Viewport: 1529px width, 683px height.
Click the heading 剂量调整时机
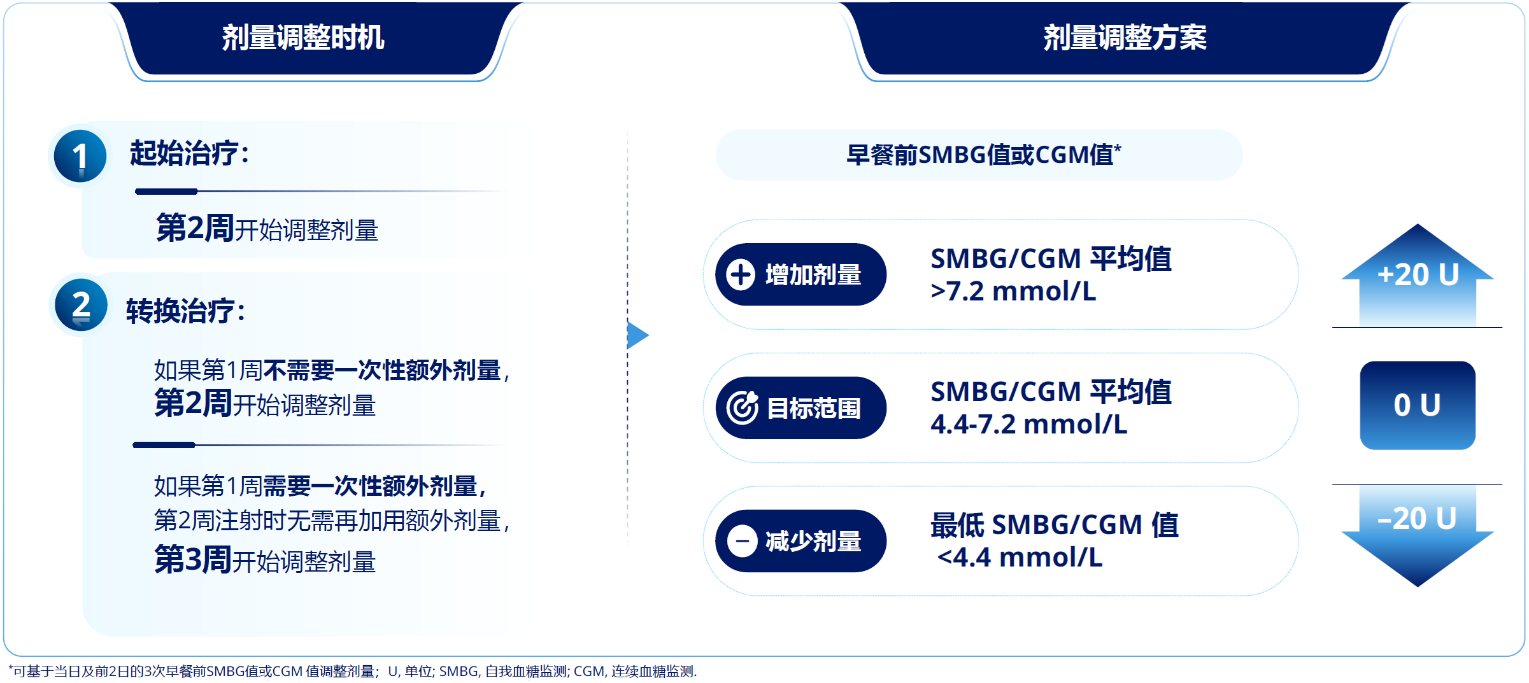pyautogui.click(x=303, y=38)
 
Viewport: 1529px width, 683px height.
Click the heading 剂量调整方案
pyautogui.click(x=1125, y=38)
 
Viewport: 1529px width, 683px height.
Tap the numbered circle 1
pyautogui.click(x=80, y=156)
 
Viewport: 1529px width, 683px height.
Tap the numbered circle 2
pyautogui.click(x=81, y=305)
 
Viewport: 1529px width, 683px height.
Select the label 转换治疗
pyautogui.click(x=180, y=311)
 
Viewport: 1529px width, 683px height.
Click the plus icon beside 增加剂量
pyautogui.click(x=741, y=275)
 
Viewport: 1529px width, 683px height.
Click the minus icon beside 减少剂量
pyautogui.click(x=742, y=542)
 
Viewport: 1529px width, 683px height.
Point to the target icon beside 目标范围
pyautogui.click(x=742, y=408)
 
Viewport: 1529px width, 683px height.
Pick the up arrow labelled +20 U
pyautogui.click(x=1418, y=275)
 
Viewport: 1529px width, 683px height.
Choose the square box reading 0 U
pyautogui.click(x=1418, y=405)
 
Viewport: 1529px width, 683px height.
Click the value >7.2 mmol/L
pyautogui.click(x=1013, y=292)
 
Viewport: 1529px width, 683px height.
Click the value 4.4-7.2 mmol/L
pyautogui.click(x=1029, y=425)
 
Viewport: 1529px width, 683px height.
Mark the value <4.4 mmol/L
pyautogui.click(x=1020, y=558)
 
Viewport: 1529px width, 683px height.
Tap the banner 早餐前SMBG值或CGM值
pyautogui.click(x=979, y=155)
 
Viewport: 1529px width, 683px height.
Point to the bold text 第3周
pyautogui.click(x=192, y=560)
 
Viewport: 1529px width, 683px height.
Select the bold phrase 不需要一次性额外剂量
pyautogui.click(x=382, y=370)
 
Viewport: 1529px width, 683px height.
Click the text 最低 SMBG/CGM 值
pyautogui.click(x=1055, y=525)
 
